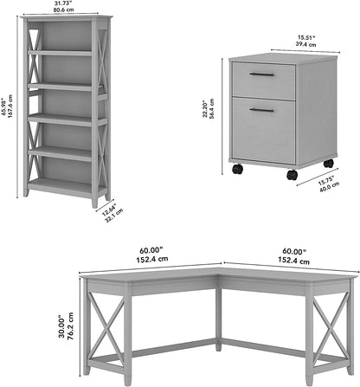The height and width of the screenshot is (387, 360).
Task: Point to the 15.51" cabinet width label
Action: click(x=281, y=36)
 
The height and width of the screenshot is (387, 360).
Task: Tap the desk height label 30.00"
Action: click(x=60, y=325)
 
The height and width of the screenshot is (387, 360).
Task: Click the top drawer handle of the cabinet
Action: click(x=261, y=74)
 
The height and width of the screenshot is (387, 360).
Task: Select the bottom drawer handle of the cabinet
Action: click(x=261, y=110)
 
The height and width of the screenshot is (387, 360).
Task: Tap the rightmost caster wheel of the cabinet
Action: click(x=329, y=163)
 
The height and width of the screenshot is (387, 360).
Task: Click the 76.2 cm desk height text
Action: click(x=68, y=325)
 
